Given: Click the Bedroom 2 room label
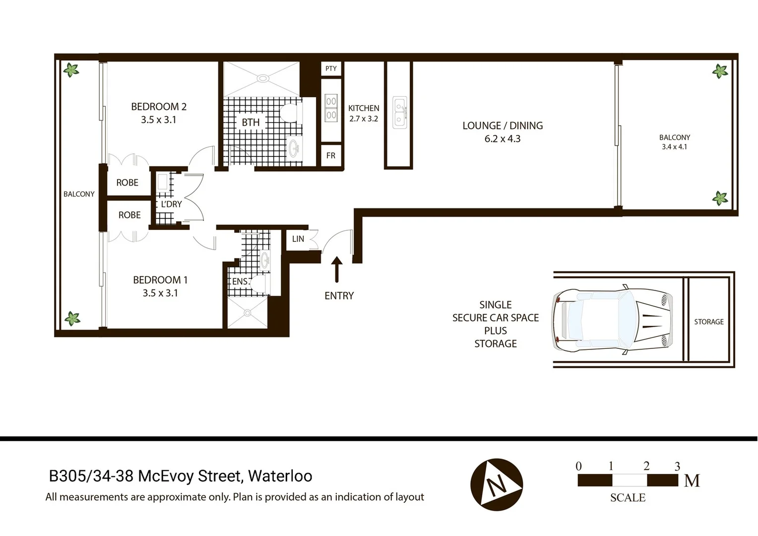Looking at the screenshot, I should pyautogui.click(x=159, y=106).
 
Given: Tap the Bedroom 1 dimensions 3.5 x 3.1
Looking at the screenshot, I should pyautogui.click(x=160, y=293).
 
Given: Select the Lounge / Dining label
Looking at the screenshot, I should pyautogui.click(x=503, y=126).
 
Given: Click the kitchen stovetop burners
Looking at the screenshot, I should pyautogui.click(x=331, y=108).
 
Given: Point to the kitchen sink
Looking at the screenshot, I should pyautogui.click(x=400, y=113).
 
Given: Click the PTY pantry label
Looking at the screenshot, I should pyautogui.click(x=331, y=68).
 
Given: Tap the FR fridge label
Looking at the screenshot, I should pyautogui.click(x=331, y=155).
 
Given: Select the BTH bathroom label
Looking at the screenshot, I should pyautogui.click(x=251, y=122).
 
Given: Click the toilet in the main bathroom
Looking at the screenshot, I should pyautogui.click(x=291, y=112).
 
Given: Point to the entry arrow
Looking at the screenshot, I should pyautogui.click(x=337, y=269).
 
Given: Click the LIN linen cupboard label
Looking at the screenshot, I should pyautogui.click(x=298, y=239).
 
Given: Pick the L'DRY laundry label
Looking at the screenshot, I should pyautogui.click(x=171, y=204).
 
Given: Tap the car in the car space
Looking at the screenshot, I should pyautogui.click(x=613, y=320).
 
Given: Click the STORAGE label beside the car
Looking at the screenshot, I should pyautogui.click(x=708, y=322).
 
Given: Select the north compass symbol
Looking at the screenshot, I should pyautogui.click(x=497, y=484).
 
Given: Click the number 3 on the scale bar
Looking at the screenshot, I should pyautogui.click(x=677, y=467).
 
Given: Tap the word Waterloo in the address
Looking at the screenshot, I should pyautogui.click(x=280, y=476).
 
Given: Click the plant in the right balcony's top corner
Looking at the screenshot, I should pyautogui.click(x=720, y=71).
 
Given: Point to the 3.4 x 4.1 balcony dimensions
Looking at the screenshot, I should pyautogui.click(x=674, y=147).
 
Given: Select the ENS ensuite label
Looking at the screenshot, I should pyautogui.click(x=240, y=281).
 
